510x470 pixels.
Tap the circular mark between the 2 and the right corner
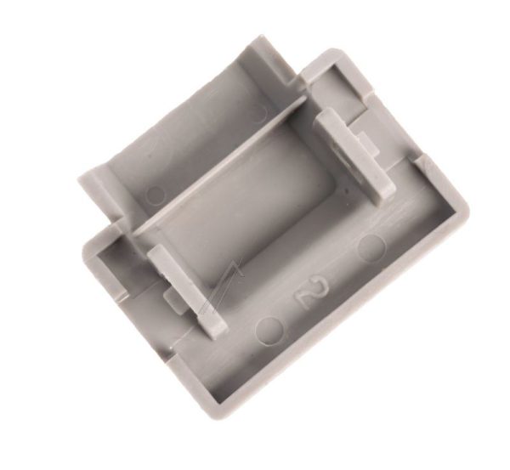(x=371, y=248)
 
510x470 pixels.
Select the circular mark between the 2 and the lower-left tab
(x=269, y=330)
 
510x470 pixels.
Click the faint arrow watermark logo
(x=223, y=286)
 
